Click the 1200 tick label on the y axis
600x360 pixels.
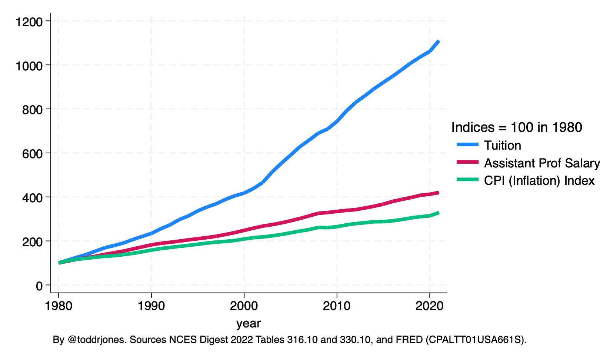29,22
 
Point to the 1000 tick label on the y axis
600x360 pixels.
29,66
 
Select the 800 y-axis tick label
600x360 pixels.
33,110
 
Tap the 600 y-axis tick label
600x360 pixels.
33,154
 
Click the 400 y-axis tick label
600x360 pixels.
33,198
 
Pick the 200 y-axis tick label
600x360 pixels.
33,242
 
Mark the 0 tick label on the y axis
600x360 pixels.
39,286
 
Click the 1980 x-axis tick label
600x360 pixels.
59,306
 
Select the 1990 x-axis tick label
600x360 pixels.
151,306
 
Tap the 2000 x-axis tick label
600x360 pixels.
244,306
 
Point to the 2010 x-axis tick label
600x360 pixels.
337,306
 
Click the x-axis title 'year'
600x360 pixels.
249,323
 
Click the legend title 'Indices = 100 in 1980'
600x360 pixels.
517,127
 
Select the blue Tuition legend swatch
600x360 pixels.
468,145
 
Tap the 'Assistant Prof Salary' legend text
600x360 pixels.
541,163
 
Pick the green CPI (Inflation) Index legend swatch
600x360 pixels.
468,180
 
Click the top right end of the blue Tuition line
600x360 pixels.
439,41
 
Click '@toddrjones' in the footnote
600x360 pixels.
97,340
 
